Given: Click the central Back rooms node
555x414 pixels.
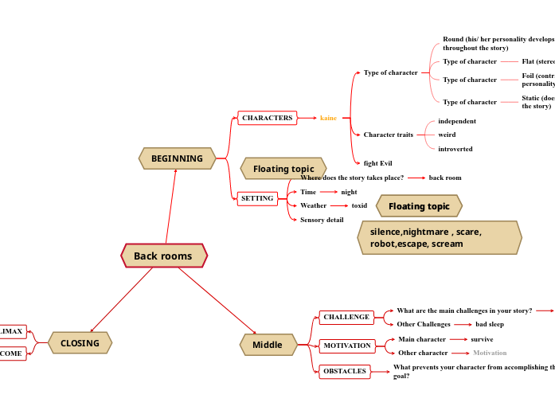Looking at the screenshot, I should (163, 256).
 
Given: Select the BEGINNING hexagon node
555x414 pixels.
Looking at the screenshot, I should (177, 158).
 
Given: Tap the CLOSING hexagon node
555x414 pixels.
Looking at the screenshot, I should (80, 343).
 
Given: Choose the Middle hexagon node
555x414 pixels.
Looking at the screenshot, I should (268, 345).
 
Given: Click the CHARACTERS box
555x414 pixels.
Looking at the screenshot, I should (267, 118).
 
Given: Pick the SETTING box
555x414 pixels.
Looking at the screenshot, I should (257, 198).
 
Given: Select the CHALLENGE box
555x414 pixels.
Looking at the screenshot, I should (346, 317).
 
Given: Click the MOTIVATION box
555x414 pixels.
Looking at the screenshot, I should (346, 346).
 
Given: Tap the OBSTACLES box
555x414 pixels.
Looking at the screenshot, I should (344, 371).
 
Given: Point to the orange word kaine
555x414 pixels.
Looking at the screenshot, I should (328, 118).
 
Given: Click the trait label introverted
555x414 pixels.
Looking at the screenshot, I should (455, 149).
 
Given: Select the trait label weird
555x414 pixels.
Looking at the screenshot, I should (447, 135).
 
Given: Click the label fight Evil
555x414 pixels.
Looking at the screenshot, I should (377, 163).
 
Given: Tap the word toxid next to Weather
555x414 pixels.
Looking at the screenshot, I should (359, 205).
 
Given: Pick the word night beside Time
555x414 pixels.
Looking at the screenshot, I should (349, 192).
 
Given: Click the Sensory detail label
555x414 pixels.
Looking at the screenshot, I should (322, 220).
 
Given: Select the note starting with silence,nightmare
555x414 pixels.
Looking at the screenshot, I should (439, 238).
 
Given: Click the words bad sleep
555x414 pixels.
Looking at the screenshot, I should (490, 324).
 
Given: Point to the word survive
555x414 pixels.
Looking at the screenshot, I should (482, 339).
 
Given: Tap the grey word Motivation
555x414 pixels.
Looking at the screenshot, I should (490, 353).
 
